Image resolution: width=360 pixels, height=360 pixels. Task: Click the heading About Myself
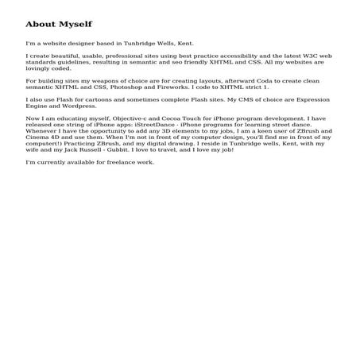pyautogui.click(x=59, y=25)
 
